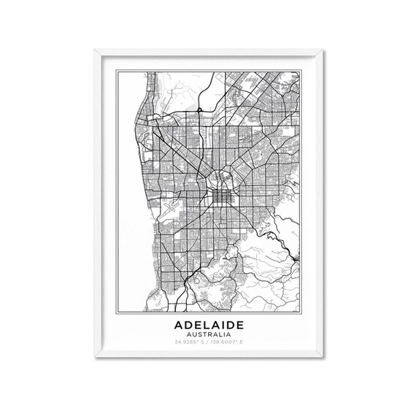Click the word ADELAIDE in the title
click(x=208, y=323)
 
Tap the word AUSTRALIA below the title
click(x=208, y=334)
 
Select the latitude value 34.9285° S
click(x=189, y=342)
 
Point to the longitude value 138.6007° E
click(x=227, y=342)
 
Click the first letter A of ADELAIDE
click(x=177, y=323)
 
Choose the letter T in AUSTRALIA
click(x=204, y=334)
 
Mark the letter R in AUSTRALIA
click(x=209, y=334)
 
